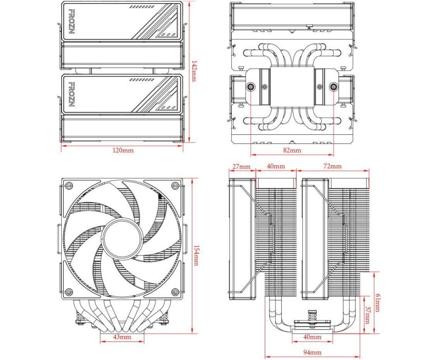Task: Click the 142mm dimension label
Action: click(x=194, y=71)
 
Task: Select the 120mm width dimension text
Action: click(x=123, y=150)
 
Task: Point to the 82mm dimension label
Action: click(x=293, y=150)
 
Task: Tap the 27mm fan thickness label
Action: click(x=242, y=167)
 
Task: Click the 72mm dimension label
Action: click(x=333, y=166)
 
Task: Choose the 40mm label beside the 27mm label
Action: click(x=276, y=166)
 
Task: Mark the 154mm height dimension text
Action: click(x=196, y=256)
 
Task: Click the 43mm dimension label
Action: click(x=122, y=336)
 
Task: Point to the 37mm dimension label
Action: click(x=368, y=315)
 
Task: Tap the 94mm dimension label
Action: click(x=312, y=352)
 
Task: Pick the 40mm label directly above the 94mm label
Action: click(x=312, y=337)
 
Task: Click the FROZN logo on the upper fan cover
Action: click(x=71, y=22)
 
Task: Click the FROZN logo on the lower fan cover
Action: click(x=71, y=94)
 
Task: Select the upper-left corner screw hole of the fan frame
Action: click(x=68, y=186)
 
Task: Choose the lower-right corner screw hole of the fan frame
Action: click(x=175, y=292)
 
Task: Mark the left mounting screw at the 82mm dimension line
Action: click(x=251, y=87)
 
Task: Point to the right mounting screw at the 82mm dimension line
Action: click(x=333, y=87)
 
